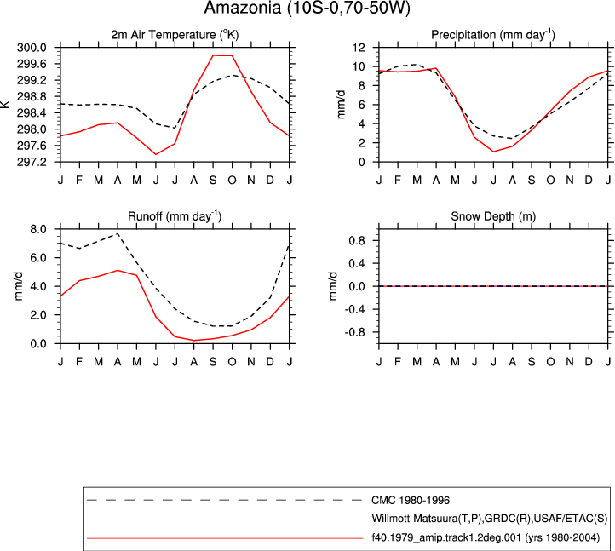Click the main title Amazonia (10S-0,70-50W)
tap(307, 8)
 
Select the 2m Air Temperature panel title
tap(175, 35)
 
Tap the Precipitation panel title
tap(493, 35)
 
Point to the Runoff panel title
tap(175, 216)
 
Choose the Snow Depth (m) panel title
tap(493, 216)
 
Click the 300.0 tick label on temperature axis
tap(32, 48)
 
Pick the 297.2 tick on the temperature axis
tap(32, 162)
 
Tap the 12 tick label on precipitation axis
tap(359, 48)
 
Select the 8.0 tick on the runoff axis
tap(38, 229)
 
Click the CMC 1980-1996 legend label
tap(411, 501)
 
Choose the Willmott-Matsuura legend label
tap(490, 519)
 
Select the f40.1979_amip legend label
tap(486, 537)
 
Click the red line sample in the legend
tap(225, 538)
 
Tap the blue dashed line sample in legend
tap(225, 519)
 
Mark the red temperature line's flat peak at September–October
tap(222, 55)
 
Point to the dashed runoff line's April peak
tap(118, 233)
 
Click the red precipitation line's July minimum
tap(493, 152)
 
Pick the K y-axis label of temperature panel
tap(5, 104)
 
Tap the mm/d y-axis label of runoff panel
tap(19, 286)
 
